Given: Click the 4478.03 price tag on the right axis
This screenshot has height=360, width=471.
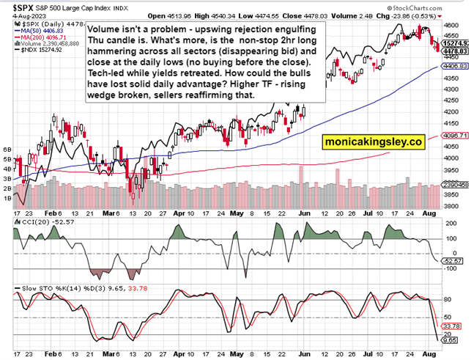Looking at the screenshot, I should [455, 51].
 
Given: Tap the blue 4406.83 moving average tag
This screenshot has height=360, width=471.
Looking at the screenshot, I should [455, 66].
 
